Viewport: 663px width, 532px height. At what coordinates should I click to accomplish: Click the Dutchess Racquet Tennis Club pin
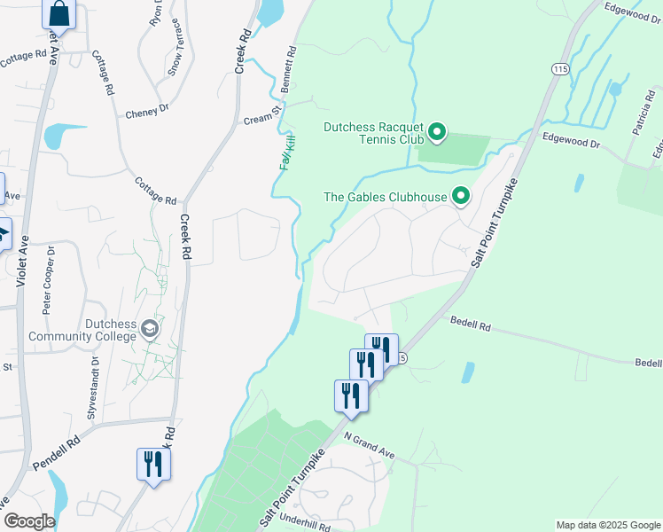tap(436, 133)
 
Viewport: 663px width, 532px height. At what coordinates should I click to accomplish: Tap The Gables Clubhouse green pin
tap(461, 196)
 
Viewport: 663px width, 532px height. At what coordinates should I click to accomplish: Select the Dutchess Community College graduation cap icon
tap(150, 330)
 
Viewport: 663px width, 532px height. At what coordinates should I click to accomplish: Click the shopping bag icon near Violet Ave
tap(59, 13)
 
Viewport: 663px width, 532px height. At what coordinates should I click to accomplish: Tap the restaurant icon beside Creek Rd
tap(154, 465)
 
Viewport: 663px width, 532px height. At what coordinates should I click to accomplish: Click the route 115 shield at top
tap(558, 68)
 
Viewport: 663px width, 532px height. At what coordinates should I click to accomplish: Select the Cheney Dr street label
tap(146, 113)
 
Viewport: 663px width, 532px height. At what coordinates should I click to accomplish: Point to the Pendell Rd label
tap(56, 452)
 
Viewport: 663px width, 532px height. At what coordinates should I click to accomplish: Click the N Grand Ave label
tap(370, 446)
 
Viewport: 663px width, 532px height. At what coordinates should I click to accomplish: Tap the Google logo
tap(28, 521)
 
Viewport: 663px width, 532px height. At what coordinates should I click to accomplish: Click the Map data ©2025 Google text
tap(607, 525)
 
